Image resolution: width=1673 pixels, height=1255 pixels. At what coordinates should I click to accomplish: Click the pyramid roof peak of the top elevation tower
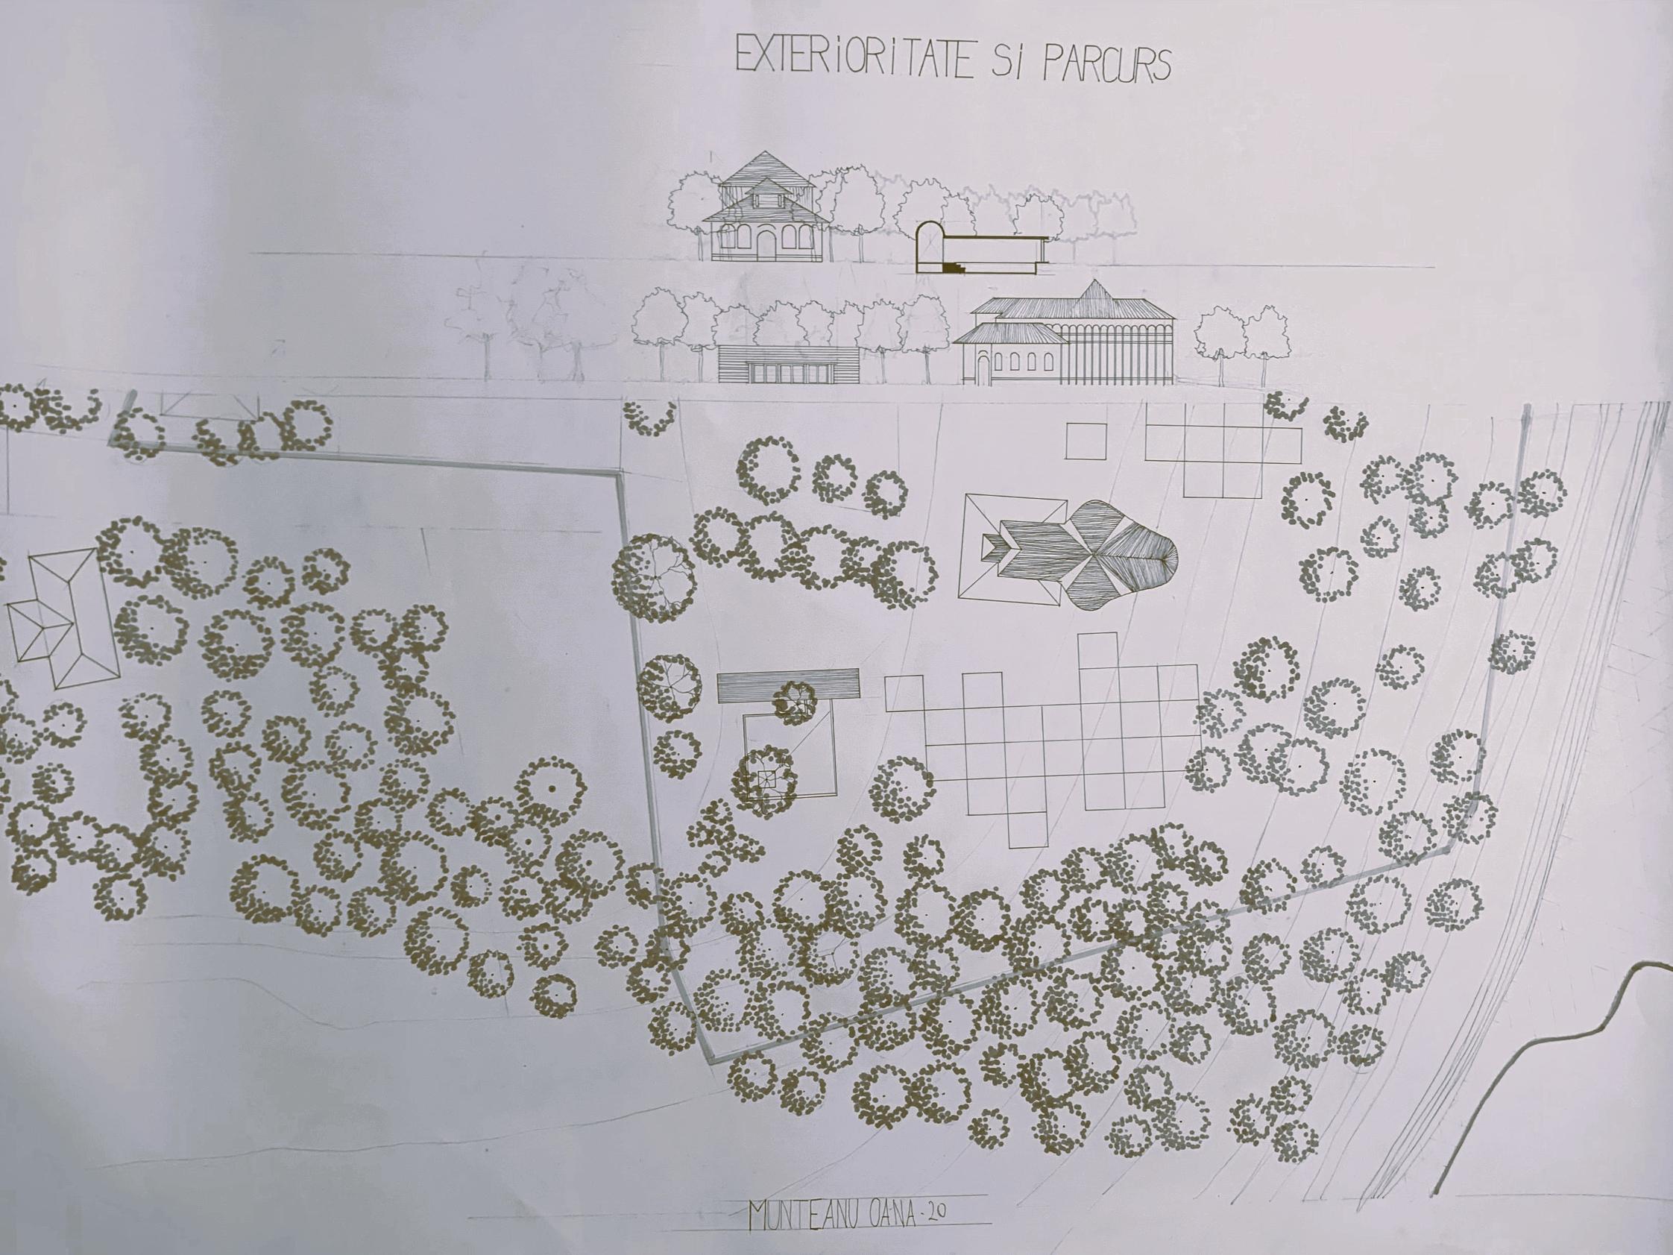[766, 152]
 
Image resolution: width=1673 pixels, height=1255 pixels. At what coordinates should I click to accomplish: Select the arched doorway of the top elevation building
[767, 243]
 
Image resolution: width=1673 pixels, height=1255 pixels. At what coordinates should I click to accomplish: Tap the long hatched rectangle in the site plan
[789, 684]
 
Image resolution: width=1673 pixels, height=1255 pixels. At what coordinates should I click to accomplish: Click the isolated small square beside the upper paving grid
[1087, 441]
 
